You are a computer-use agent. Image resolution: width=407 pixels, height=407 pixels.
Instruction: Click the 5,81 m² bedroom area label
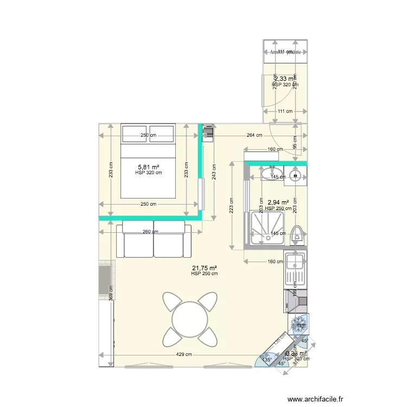coord(149,167)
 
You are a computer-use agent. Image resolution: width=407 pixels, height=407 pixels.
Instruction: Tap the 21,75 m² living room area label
coord(205,268)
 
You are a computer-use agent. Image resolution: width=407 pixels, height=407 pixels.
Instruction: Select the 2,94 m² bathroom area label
coord(278,202)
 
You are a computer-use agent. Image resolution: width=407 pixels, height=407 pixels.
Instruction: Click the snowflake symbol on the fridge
coord(298,326)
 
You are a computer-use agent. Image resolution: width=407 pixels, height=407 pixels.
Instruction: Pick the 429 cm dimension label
coord(184,355)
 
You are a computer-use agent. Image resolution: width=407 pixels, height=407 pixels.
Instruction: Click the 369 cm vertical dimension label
coord(111,292)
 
